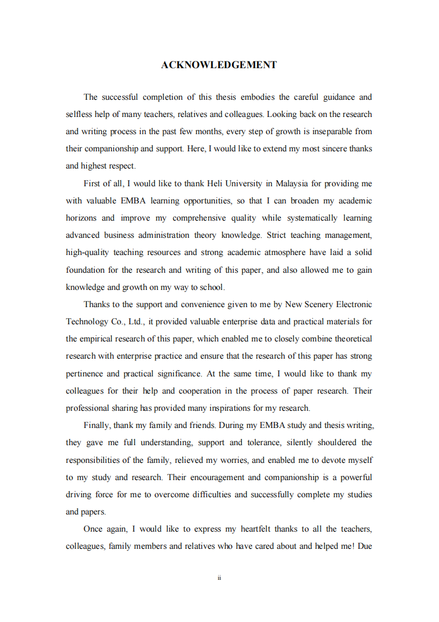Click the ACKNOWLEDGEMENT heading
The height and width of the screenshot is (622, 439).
click(219, 65)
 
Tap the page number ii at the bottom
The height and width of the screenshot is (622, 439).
click(219, 578)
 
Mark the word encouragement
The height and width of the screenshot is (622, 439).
click(216, 477)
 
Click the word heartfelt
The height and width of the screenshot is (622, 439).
click(257, 529)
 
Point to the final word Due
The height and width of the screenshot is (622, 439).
click(364, 546)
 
